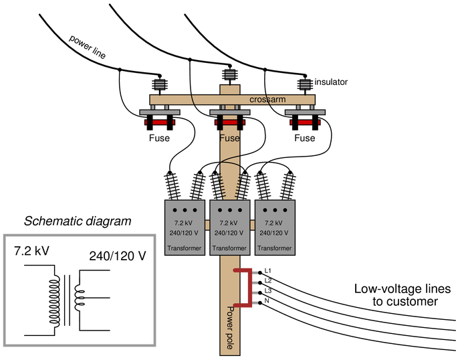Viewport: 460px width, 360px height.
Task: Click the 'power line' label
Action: point(87,47)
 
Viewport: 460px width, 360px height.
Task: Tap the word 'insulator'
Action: point(331,82)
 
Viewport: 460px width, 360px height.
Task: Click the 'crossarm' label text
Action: point(267,100)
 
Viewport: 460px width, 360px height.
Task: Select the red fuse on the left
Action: point(160,122)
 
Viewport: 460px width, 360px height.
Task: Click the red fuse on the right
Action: point(305,122)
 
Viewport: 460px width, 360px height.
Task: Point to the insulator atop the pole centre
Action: point(230,74)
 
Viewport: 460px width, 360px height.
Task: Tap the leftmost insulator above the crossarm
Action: point(160,84)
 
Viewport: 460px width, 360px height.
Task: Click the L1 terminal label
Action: point(268,270)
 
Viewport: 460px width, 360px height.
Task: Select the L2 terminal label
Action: point(268,280)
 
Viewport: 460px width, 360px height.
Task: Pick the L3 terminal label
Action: point(268,290)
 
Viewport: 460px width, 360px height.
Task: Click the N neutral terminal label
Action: point(267,300)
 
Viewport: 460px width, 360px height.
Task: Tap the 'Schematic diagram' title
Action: point(78,221)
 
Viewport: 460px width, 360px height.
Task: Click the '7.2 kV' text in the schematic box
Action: point(31,251)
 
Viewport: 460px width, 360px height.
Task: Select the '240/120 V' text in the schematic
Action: point(118,256)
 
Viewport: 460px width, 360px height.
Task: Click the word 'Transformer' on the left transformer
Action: point(185,248)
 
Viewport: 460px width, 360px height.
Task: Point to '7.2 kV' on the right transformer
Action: point(273,223)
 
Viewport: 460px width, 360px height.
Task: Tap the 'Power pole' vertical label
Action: point(231,328)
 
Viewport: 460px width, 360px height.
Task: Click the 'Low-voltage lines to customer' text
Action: point(402,295)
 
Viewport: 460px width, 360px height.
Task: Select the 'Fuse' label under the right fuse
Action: point(304,138)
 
